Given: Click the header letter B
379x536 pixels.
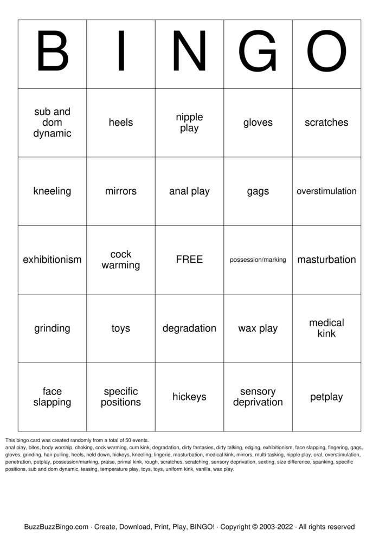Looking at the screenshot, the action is tap(52, 53).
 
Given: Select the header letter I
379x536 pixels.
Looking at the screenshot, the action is tap(120, 53).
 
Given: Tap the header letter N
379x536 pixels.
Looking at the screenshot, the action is tap(189, 53).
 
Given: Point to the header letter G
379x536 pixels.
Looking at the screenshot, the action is tap(258, 53).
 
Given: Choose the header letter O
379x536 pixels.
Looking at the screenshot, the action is tap(326, 53).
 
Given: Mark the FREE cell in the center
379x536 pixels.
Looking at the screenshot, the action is tap(189, 260).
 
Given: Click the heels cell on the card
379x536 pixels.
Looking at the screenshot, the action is tap(120, 122).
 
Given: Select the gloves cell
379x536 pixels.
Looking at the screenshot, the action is tap(258, 122).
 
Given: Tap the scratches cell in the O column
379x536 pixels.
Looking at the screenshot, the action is tap(326, 122).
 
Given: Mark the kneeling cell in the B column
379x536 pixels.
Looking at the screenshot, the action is tap(52, 191).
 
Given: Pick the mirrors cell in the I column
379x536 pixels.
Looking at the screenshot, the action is tap(120, 191).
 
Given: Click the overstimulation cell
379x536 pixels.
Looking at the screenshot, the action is tap(326, 191).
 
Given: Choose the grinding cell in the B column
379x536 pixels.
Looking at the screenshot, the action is tap(52, 328).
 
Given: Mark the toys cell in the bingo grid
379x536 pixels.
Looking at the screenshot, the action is tap(120, 328).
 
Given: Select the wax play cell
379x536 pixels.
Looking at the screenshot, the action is tap(258, 328).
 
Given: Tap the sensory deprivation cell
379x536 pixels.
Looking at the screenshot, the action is tap(258, 397).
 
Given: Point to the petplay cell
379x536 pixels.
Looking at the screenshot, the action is tap(326, 397).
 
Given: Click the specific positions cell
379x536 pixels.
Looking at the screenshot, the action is tap(120, 397).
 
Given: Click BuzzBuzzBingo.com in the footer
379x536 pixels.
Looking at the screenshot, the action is tap(56, 527).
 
